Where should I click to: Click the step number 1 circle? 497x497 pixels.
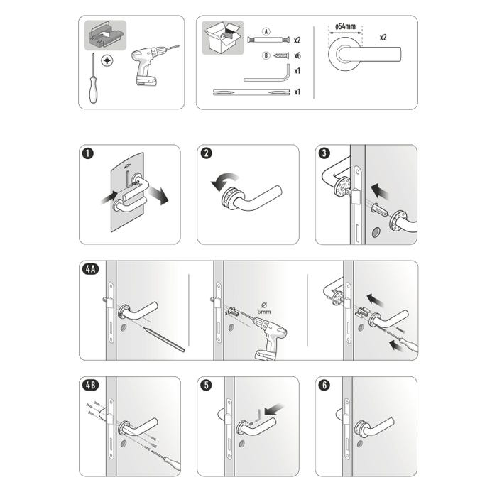[87, 153]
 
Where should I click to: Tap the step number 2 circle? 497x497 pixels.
[205, 153]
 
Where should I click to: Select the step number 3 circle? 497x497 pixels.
[324, 153]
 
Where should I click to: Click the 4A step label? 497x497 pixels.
[89, 269]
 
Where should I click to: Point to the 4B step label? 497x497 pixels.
[89, 386]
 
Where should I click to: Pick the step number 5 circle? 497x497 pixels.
[205, 386]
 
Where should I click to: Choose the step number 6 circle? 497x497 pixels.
[324, 386]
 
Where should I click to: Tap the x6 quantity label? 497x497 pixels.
[297, 55]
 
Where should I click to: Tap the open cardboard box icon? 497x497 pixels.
[223, 37]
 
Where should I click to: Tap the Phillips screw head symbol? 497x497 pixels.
[107, 62]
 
